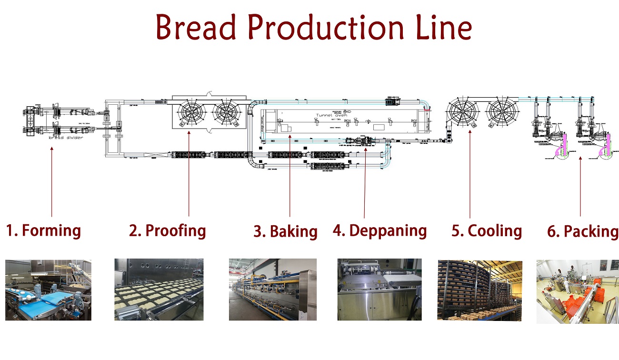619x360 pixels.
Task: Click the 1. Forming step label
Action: [43, 231]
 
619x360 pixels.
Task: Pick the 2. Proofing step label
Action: [167, 231]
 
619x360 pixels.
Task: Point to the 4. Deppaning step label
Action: [379, 231]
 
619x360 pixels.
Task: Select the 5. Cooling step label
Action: [487, 231]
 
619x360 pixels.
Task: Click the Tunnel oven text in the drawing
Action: [332, 115]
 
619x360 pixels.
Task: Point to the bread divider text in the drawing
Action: [65, 137]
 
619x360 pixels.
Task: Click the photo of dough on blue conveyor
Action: [48, 290]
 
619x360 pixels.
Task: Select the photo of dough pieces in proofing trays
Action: [159, 290]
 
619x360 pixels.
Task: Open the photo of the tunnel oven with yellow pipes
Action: [272, 290]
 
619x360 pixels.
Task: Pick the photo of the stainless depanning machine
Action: [379, 290]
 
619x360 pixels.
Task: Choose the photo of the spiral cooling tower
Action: [479, 290]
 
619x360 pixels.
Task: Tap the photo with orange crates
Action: [577, 291]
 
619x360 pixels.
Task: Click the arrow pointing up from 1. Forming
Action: [51, 181]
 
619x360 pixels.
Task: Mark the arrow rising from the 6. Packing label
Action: [580, 186]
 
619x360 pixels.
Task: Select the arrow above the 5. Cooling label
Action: [470, 174]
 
